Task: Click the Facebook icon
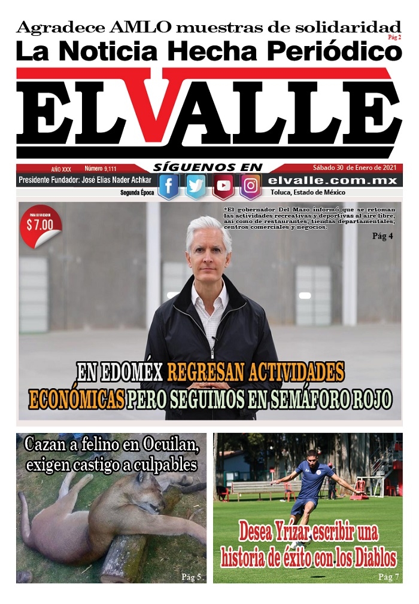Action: pos(168,186)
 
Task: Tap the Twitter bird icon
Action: pos(196,186)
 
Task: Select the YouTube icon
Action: pos(223,186)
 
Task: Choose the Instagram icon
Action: pos(251,186)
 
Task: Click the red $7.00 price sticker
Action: pos(40,225)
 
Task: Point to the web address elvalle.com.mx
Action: pos(333,180)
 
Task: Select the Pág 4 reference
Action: pos(382,236)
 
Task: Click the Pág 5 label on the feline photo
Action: pos(191,577)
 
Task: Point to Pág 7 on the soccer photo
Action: pos(388,577)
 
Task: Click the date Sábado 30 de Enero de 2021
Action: pos(354,168)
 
